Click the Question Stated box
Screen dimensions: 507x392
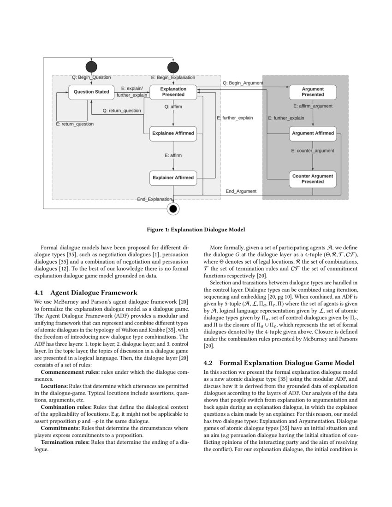tap(91, 92)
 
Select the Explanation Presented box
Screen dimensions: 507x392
tap(173, 92)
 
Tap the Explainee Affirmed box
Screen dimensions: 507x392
tap(173, 134)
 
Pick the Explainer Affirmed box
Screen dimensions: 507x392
tap(173, 177)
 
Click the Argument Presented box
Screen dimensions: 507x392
tap(313, 92)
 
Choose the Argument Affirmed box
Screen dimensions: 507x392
tap(313, 133)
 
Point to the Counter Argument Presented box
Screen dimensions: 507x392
tap(313, 179)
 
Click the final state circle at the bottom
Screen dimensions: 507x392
tap(173, 209)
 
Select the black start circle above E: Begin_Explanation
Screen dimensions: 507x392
tap(173, 68)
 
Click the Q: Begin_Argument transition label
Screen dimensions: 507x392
tap(243, 83)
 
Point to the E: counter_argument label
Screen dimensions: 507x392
tap(313, 151)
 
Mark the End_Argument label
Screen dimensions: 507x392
tap(241, 191)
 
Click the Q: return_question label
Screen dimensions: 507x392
tap(122, 111)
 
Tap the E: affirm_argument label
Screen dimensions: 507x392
tap(313, 106)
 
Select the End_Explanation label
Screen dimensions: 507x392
tap(154, 199)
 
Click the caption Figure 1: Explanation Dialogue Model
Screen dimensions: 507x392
tap(196, 230)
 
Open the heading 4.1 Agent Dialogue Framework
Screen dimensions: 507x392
tap(86, 292)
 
